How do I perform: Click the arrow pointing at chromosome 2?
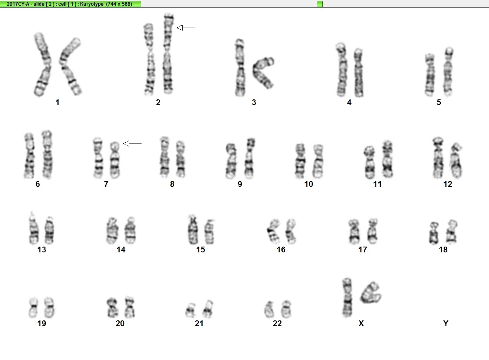pyautogui.click(x=186, y=28)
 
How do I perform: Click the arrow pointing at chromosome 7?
pyautogui.click(x=132, y=144)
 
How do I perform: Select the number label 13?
pyautogui.click(x=42, y=249)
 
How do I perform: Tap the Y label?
pyautogui.click(x=446, y=324)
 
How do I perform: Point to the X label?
pyautogui.click(x=361, y=324)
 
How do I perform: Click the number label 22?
pyautogui.click(x=277, y=324)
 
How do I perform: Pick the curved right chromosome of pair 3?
pyautogui.click(x=263, y=72)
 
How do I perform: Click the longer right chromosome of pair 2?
pyautogui.click(x=168, y=54)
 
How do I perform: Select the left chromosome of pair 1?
pyautogui.click(x=43, y=64)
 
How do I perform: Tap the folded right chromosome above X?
pyautogui.click(x=371, y=293)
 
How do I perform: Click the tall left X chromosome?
pyautogui.click(x=347, y=298)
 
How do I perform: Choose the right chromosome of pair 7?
pyautogui.click(x=115, y=160)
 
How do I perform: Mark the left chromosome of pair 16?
pyautogui.click(x=273, y=231)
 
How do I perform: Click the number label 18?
pyautogui.click(x=443, y=249)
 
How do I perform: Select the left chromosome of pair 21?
pyautogui.click(x=190, y=310)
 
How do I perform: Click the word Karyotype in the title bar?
pyautogui.click(x=92, y=4)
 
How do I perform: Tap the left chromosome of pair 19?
pyautogui.click(x=33, y=308)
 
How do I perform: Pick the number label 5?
pyautogui.click(x=439, y=103)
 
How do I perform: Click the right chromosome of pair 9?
pyautogui.click(x=250, y=158)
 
